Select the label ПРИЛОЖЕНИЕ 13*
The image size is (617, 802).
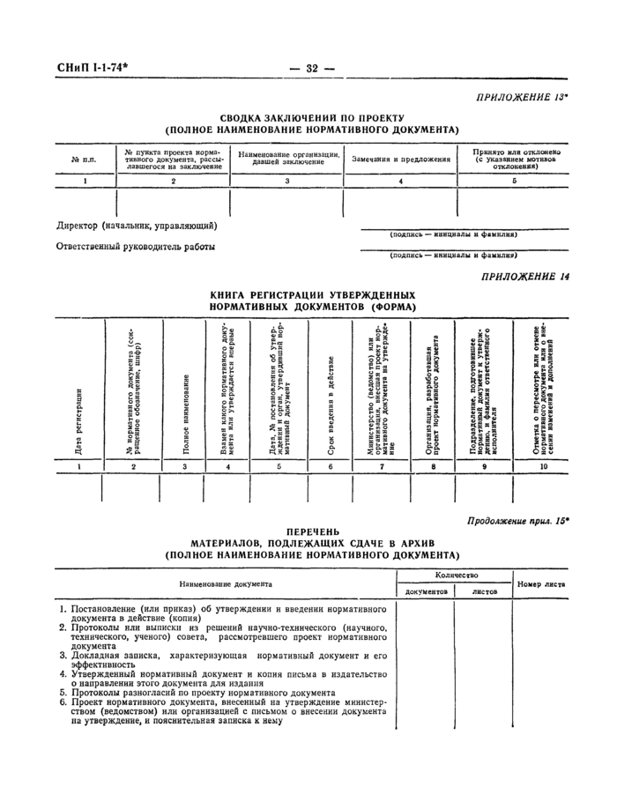point(522,96)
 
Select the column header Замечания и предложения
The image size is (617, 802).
point(401,160)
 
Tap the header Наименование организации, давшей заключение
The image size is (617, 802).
point(287,159)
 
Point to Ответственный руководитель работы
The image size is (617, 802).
point(136,247)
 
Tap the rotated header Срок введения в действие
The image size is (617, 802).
point(331,393)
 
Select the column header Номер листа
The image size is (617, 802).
point(541,584)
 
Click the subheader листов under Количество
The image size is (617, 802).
point(485,592)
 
